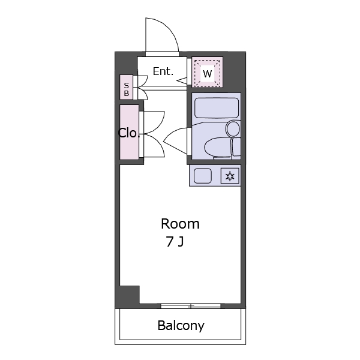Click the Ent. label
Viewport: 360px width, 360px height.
coord(163,71)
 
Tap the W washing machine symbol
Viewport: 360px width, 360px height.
coord(208,73)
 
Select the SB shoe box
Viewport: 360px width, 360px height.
coord(126,87)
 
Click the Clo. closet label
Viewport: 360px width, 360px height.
coord(129,133)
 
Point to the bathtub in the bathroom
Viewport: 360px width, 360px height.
coord(217,108)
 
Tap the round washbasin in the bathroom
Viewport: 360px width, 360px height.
coord(233,129)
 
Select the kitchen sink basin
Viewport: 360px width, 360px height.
coord(203,176)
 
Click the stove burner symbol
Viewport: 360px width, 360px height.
coord(230,176)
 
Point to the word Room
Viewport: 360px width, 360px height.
coord(180,224)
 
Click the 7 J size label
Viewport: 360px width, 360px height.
coord(175,242)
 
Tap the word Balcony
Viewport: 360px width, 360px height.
coord(181,325)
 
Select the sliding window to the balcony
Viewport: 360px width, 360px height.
coord(191,306)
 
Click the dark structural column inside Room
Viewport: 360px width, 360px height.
coord(130,295)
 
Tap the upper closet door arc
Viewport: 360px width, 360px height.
coord(160,124)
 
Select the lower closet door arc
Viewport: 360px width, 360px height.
coord(160,144)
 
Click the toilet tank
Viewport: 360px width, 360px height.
coord(236,147)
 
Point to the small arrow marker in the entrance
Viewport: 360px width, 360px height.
coord(182,80)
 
